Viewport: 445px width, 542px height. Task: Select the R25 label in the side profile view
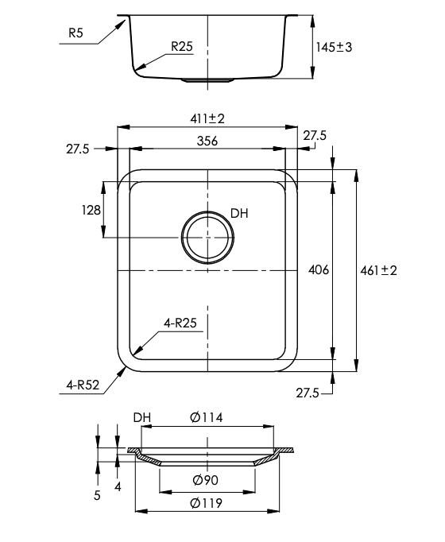[x=182, y=47]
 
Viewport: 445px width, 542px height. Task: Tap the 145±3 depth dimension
[x=334, y=48]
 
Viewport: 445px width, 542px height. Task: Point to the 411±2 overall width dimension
[x=207, y=118]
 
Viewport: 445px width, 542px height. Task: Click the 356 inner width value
[x=207, y=141]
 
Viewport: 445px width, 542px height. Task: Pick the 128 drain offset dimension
[x=91, y=210]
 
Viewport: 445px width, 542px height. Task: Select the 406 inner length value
[x=318, y=269]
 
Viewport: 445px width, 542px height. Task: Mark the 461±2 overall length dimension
[x=379, y=270]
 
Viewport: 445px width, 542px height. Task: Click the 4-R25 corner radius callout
[x=180, y=323]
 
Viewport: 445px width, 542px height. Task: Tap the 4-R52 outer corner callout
[x=83, y=385]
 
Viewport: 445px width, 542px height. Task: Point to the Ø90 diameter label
[x=207, y=479]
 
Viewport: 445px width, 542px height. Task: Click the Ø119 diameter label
[x=207, y=502]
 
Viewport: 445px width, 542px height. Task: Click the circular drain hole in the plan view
[x=207, y=238]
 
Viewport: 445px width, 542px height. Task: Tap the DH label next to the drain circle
[x=240, y=213]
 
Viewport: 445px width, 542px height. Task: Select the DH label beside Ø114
[x=142, y=417]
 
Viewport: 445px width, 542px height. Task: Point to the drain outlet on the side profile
[x=207, y=80]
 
